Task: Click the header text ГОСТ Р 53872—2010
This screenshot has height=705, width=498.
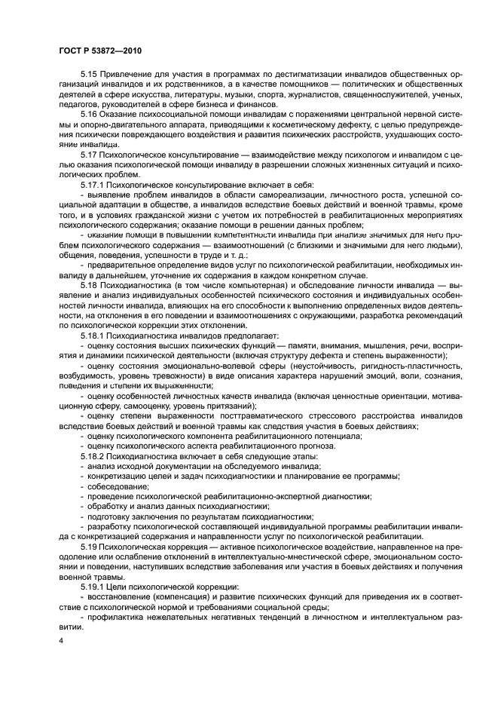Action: (x=100, y=50)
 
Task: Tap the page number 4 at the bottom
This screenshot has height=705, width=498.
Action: (x=61, y=640)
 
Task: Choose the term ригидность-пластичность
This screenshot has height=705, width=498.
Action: (x=397, y=362)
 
